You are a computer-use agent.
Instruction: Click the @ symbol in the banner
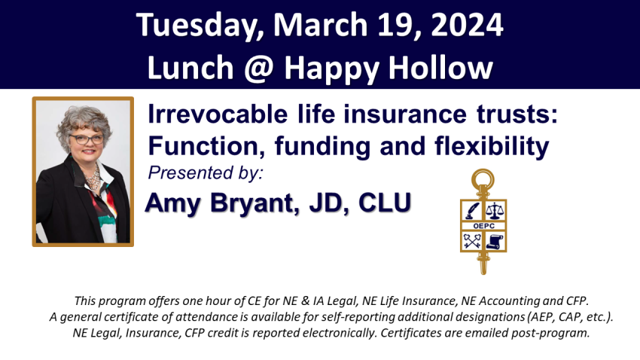259,68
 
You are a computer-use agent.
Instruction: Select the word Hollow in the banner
440,66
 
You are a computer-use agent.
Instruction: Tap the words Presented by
206,172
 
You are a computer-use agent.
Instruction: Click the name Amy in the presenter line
172,203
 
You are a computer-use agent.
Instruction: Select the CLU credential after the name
385,202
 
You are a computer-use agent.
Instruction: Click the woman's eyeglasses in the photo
86,139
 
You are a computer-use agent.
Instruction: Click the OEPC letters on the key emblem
483,226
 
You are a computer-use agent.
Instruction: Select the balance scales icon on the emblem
495,211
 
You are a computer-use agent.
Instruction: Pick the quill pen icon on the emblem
472,211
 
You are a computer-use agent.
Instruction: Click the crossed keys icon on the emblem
472,241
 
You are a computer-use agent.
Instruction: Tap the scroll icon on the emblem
495,241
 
